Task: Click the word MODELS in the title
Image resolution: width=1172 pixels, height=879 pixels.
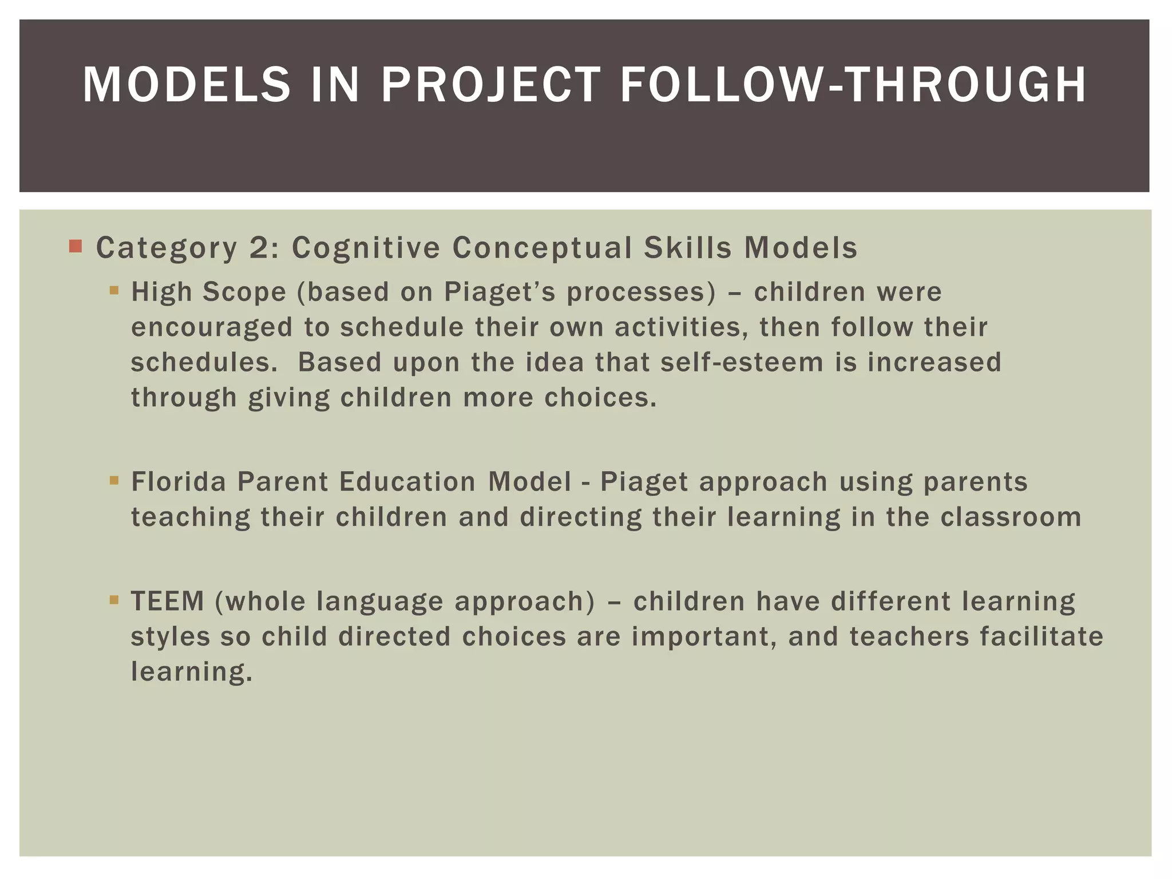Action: (187, 85)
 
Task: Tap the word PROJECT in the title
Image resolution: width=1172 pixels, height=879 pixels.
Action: (491, 85)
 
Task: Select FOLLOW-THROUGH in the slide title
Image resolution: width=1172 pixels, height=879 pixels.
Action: (853, 85)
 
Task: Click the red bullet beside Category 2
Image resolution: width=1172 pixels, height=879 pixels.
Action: (75, 247)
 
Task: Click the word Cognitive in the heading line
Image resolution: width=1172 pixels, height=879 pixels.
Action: (366, 248)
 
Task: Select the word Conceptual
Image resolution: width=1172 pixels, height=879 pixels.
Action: (542, 248)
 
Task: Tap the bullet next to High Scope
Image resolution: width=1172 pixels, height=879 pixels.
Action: (114, 290)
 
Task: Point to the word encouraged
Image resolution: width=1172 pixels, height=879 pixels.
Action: (212, 327)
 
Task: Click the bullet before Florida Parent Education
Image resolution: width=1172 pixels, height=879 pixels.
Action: (114, 480)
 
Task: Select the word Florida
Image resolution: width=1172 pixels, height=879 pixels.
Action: (179, 481)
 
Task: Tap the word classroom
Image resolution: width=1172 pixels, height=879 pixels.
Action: (1011, 517)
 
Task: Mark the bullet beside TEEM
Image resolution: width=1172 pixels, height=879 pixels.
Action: (114, 600)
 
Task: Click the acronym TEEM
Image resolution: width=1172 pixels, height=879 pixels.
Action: (167, 601)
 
